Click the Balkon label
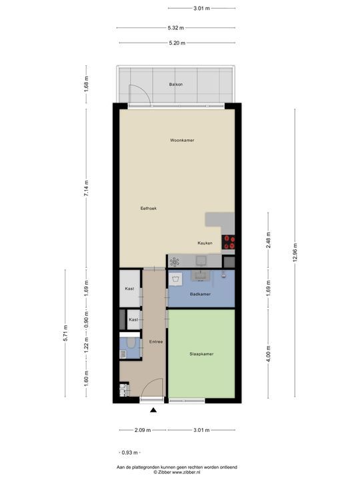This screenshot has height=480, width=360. [x=176, y=85]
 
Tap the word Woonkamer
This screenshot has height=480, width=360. [x=182, y=141]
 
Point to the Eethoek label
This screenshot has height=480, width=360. [x=148, y=209]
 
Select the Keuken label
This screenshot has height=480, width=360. [x=205, y=243]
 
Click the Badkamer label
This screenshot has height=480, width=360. [x=200, y=294]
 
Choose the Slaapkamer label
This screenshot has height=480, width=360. [x=201, y=354]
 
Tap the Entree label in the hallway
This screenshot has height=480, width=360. [x=156, y=342]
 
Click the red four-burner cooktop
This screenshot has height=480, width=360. [x=229, y=242]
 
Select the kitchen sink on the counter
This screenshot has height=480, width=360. [x=201, y=261]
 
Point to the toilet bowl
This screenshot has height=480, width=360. [x=131, y=343]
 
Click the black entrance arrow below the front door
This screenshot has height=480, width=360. [x=154, y=411]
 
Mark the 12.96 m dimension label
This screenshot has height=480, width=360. [x=295, y=254]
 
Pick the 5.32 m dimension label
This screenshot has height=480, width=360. [x=176, y=27]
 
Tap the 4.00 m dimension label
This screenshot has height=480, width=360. [x=268, y=354]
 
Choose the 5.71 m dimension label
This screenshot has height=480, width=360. [x=65, y=336]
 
